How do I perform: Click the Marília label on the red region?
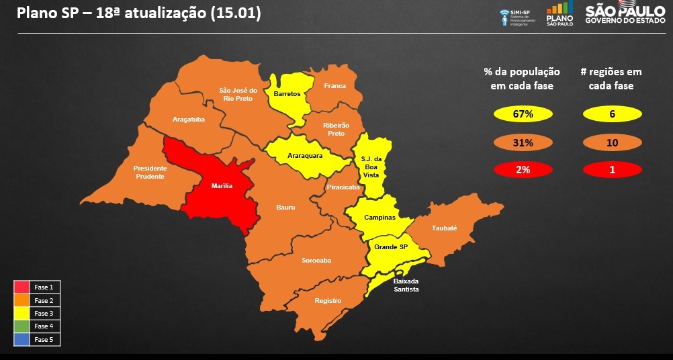point(221,185)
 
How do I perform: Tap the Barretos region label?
point(287,94)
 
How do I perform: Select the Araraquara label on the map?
point(305,155)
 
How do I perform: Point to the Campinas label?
point(379,218)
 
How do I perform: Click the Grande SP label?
point(391,247)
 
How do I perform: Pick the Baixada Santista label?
point(406,285)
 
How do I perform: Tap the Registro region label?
point(328,300)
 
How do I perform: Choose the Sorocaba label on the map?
point(316,260)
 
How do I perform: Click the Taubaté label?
point(444,228)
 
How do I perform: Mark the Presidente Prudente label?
point(150,172)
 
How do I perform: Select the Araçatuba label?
point(188,119)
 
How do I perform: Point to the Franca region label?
point(334,86)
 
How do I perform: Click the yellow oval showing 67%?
point(523,114)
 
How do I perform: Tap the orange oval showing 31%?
point(523,142)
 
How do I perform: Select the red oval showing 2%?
point(523,170)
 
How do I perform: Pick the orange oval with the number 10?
point(612,142)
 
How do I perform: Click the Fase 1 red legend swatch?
point(22,287)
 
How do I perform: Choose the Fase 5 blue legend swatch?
point(22,339)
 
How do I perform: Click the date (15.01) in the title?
point(235,13)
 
